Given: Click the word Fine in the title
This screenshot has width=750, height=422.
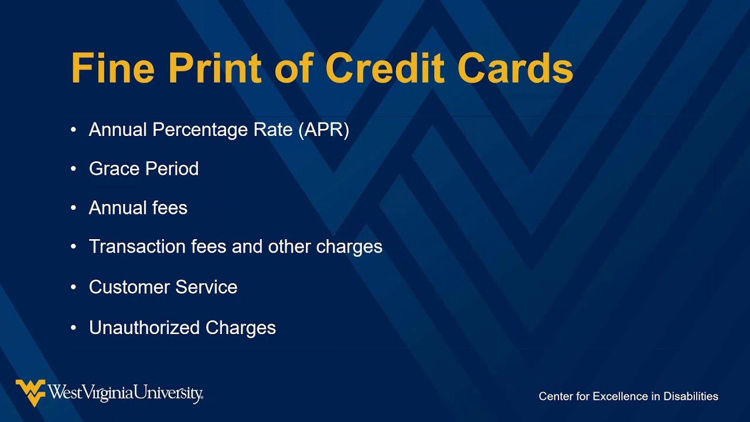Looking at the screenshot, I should click(x=112, y=69).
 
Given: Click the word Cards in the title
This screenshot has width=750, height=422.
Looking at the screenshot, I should click(x=515, y=69).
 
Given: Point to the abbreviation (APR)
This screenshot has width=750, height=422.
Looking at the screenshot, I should click(x=323, y=130).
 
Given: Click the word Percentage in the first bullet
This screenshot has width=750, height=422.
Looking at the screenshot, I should click(x=193, y=130).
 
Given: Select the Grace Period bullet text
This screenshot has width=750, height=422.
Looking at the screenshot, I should click(x=144, y=169).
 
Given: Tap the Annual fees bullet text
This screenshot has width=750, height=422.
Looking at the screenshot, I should click(x=138, y=208).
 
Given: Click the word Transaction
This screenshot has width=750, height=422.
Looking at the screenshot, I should click(x=138, y=247).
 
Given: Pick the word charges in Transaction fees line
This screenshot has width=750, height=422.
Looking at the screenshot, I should click(x=349, y=247).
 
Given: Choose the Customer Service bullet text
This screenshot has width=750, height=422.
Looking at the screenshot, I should click(x=163, y=287).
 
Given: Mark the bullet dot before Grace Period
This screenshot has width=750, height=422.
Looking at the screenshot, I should click(x=73, y=169).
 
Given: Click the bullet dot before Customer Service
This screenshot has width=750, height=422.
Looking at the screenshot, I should click(x=73, y=287).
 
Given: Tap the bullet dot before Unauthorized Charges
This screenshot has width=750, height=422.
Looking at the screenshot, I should click(x=73, y=328).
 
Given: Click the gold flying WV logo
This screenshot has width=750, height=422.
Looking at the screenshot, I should click(x=30, y=392).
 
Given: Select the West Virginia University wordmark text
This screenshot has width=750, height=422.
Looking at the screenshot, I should click(x=125, y=393).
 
